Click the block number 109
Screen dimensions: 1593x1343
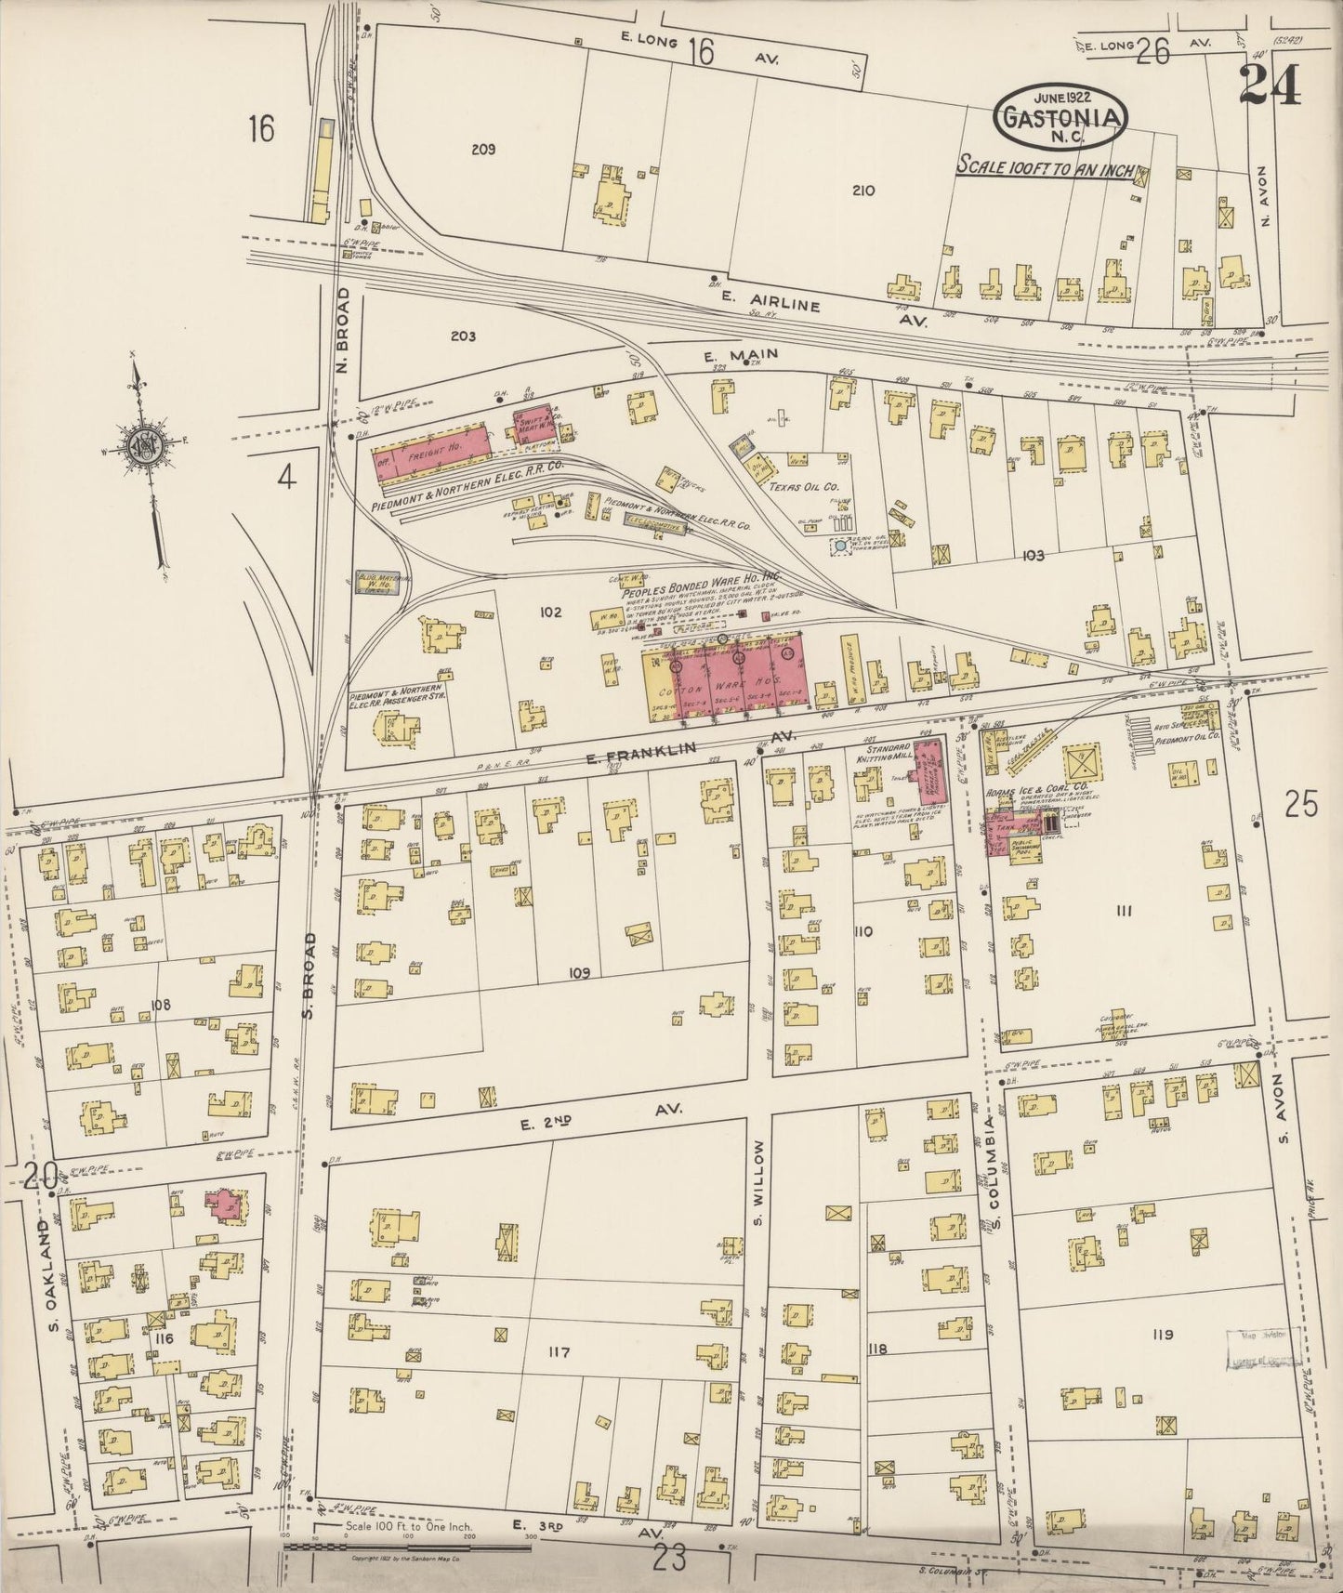tap(580, 972)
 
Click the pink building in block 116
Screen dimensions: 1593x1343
tap(225, 1203)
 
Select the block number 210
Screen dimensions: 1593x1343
tap(863, 191)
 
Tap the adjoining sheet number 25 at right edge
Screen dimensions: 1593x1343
tap(1302, 804)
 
